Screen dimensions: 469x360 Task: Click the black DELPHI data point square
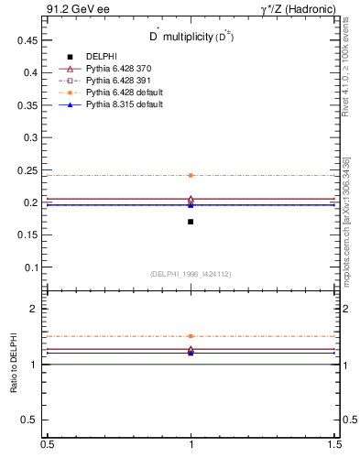191,222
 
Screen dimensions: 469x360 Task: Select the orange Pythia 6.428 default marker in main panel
191,175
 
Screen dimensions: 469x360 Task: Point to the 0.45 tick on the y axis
27,40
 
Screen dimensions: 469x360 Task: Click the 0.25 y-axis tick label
27,170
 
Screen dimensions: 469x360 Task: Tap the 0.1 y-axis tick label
30,267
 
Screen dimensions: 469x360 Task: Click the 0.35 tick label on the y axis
27,105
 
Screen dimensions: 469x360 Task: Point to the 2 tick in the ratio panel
34,309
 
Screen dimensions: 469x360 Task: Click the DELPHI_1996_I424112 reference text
191,274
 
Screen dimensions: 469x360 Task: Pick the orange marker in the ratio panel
191,336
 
